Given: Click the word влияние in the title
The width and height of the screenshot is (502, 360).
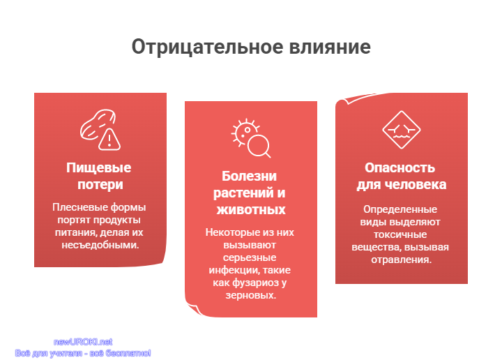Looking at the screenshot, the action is (x=330, y=47).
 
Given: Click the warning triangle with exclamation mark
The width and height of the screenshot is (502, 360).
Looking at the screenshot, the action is (x=109, y=140).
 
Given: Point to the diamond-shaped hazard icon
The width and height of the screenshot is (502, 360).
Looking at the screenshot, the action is (x=401, y=130).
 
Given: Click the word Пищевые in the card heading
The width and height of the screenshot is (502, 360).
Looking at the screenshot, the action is (x=98, y=168).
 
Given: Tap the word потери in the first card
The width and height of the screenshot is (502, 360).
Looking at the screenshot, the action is (x=100, y=184).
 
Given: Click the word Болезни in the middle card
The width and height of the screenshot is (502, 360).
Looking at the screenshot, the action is (x=249, y=176).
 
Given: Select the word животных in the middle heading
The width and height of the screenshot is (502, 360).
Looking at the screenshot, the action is (x=251, y=210).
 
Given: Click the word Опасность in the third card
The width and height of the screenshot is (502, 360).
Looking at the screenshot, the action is (x=400, y=168).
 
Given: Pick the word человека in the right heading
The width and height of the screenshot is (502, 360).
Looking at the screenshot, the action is (x=416, y=184).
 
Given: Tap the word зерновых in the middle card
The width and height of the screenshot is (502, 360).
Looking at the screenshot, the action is (x=251, y=295).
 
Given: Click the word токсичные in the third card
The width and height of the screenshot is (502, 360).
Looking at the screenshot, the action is (x=400, y=234).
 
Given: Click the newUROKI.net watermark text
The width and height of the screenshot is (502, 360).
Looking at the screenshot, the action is (x=83, y=342).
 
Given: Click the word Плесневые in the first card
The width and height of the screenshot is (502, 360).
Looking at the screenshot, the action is (x=76, y=207).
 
